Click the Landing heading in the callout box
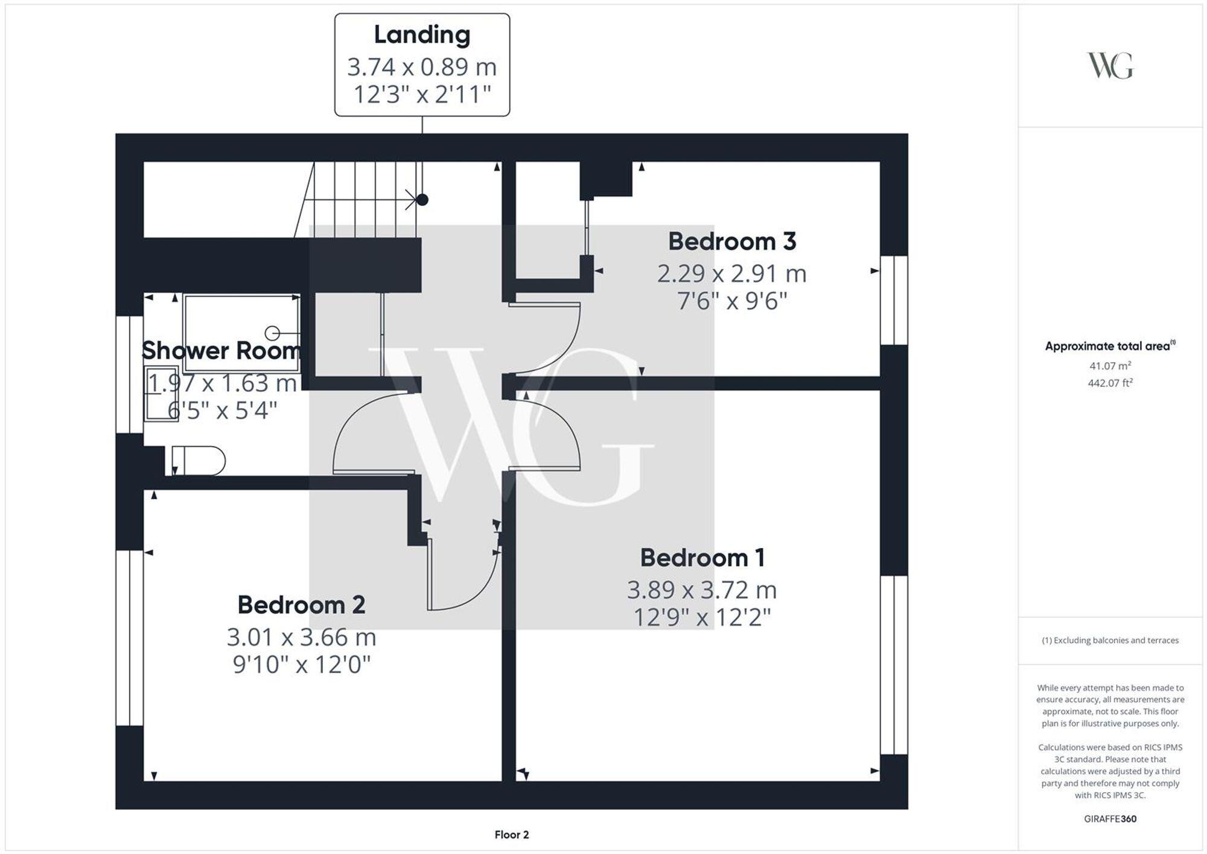[x=422, y=34]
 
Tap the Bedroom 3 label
[x=731, y=241]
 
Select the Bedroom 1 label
[x=702, y=558]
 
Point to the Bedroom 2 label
[x=301, y=605]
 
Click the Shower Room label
[x=221, y=351]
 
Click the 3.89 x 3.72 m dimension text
[x=701, y=590]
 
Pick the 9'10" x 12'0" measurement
[x=301, y=664]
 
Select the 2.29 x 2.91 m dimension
[x=731, y=273]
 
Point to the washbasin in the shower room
[x=161, y=392]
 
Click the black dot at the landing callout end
[x=422, y=199]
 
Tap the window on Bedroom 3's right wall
[x=894, y=300]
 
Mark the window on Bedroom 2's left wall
[x=129, y=637]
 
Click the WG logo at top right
[x=1110, y=66]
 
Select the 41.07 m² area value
[x=1110, y=366]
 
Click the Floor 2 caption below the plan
[x=511, y=835]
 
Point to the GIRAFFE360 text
[x=1110, y=819]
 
